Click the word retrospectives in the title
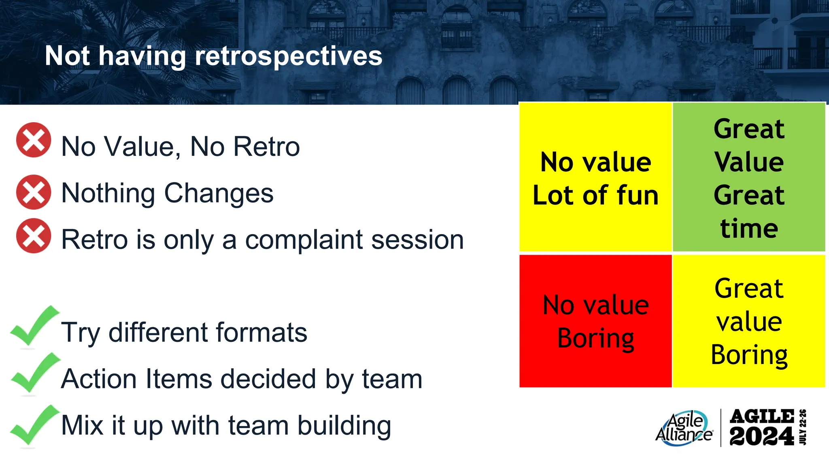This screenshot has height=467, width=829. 288,56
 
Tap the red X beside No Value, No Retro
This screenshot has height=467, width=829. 34,140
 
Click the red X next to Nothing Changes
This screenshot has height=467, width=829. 34,192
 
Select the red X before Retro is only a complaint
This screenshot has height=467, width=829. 34,236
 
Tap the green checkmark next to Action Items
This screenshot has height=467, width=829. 34,373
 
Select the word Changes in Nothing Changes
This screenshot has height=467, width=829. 219,193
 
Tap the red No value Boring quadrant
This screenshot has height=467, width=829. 595,321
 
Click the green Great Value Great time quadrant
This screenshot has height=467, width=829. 749,177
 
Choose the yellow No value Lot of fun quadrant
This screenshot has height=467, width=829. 595,177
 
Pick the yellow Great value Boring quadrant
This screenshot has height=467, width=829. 749,321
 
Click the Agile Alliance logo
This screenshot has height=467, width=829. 684,428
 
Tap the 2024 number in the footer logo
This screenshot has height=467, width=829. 761,437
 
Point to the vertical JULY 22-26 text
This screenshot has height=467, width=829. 803,427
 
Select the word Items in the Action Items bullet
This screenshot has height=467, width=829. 179,379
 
